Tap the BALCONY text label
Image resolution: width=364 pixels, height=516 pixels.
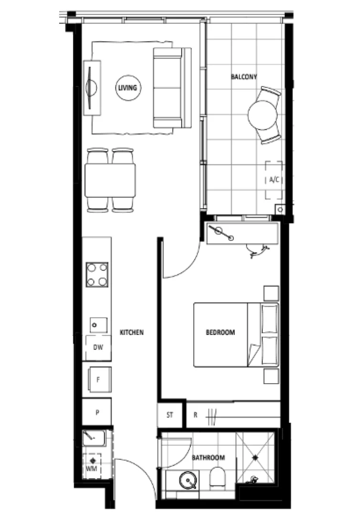(x=244, y=76)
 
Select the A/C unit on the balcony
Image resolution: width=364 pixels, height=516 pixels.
(x=274, y=180)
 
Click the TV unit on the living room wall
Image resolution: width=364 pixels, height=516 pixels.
(x=92, y=88)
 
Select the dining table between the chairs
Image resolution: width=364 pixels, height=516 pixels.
(x=110, y=180)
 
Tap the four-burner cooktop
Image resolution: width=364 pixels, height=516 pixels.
(x=97, y=275)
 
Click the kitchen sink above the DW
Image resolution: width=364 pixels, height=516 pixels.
(x=96, y=325)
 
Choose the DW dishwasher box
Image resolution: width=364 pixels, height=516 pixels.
(x=98, y=348)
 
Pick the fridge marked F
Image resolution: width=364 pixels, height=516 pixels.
(x=98, y=380)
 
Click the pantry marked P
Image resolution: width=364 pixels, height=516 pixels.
(x=97, y=411)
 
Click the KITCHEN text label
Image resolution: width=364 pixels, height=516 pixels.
(x=132, y=333)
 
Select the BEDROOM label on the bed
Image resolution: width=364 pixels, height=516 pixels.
(x=220, y=333)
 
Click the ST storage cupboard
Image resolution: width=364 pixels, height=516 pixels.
(x=170, y=415)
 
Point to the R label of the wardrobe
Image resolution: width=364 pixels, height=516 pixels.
(x=196, y=415)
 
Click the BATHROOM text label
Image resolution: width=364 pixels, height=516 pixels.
(x=208, y=458)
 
